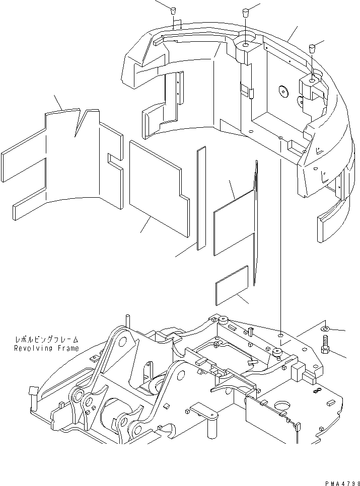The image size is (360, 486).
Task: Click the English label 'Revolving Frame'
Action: click(x=46, y=348)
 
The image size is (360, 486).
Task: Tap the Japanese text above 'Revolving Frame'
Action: click(x=46, y=340)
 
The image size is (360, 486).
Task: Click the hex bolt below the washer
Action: click(x=325, y=346)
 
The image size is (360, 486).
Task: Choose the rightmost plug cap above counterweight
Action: click(x=312, y=48)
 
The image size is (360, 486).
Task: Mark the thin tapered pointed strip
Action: click(x=256, y=221)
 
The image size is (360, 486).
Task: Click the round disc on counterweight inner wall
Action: click(x=283, y=91)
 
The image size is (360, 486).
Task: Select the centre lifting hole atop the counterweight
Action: click(x=245, y=45)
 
